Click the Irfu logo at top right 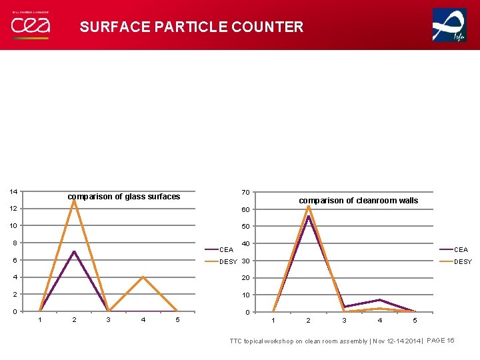[449, 25]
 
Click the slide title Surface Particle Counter [191, 27]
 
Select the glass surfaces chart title [124, 197]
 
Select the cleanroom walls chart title [358, 201]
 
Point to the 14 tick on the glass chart [13, 192]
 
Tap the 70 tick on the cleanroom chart [245, 193]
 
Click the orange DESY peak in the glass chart [74, 201]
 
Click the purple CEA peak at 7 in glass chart [74, 251]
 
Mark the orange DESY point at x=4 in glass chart [143, 277]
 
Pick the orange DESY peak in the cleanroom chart [309, 206]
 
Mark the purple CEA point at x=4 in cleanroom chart [379, 300]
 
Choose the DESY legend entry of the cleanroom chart [462, 262]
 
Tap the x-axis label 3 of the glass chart [109, 320]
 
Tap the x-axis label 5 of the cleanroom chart [415, 321]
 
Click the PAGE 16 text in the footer [440, 341]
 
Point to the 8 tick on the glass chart [14, 243]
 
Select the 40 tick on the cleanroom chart [245, 244]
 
